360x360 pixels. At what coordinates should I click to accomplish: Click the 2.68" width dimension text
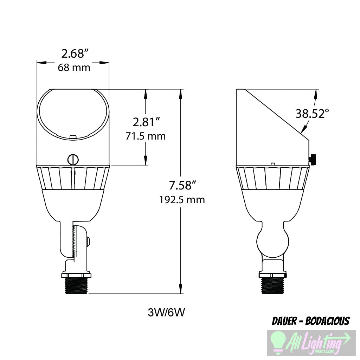coord(74,54)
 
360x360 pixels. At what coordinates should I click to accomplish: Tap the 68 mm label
coord(74,67)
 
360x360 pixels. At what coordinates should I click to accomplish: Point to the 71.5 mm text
coord(146,136)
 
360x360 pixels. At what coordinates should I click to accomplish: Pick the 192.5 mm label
coord(182,200)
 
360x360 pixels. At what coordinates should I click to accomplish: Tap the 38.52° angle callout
coord(312,114)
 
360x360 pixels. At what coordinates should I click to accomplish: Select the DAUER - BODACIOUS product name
coord(311,321)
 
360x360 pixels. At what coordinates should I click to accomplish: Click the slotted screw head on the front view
coord(73,159)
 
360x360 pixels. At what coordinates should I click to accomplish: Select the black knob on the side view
coord(313,159)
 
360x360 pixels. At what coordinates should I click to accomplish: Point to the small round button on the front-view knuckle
coord(88,241)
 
